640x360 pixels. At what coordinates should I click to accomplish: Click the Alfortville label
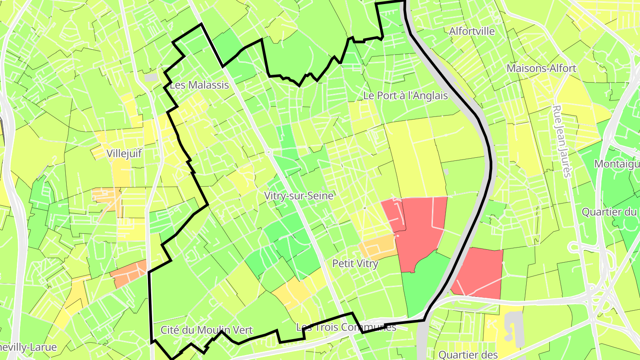[472, 31]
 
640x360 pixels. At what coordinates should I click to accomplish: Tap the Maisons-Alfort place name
[541, 68]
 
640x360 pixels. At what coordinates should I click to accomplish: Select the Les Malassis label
[199, 85]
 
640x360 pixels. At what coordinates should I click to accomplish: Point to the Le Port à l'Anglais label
[405, 95]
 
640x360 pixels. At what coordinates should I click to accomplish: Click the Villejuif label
[124, 154]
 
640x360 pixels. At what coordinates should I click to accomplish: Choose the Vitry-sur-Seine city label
[299, 196]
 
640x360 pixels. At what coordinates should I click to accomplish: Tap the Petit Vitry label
[355, 264]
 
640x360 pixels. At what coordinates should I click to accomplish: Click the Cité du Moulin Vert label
[206, 330]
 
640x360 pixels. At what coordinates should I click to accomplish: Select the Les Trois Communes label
[346, 328]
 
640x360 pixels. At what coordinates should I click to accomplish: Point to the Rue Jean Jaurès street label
[561, 141]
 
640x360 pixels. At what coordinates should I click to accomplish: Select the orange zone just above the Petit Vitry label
[378, 247]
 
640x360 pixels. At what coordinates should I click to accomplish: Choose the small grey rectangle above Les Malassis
[151, 77]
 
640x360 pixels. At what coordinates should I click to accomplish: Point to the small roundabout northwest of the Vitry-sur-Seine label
[269, 152]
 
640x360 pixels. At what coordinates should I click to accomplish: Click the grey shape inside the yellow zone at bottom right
[515, 329]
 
